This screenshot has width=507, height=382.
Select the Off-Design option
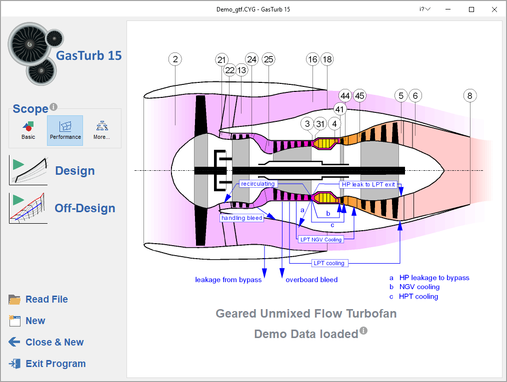pos(62,208)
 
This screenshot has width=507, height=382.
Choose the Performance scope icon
pos(65,130)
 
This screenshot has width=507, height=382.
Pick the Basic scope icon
pos(28,130)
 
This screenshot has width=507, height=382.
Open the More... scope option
pos(101,130)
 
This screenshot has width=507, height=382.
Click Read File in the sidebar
pos(38,299)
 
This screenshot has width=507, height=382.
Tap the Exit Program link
pos(47,364)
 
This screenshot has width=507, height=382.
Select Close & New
pos(46,342)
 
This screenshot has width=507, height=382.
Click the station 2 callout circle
pos(175,59)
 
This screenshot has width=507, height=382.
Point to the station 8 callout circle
pos(470,95)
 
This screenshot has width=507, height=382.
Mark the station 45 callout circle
pos(359,95)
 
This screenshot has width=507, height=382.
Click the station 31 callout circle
pos(320,124)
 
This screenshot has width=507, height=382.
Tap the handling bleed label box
pos(242,218)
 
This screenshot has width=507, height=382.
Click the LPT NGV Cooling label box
pos(321,239)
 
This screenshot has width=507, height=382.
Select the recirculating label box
pos(257,184)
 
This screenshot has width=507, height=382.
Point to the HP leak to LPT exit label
pos(368,184)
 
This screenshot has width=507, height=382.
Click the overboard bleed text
pos(311,280)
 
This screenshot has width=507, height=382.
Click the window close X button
pos(494,9)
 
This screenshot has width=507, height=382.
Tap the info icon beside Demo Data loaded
pos(363,331)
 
